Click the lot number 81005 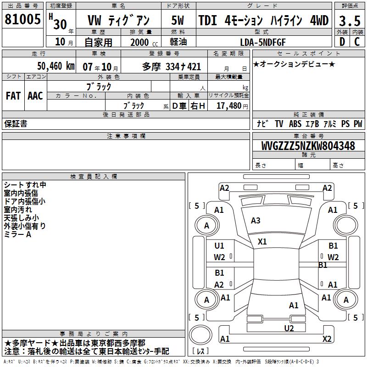(22, 19)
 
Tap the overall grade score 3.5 (350, 21)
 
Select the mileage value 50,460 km (56, 66)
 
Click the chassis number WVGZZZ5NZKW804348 (308, 145)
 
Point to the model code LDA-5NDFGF (263, 42)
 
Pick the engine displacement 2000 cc (144, 42)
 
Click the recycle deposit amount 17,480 (229, 106)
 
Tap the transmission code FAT (13, 96)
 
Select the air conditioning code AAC (35, 96)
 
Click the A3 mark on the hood (256, 221)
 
